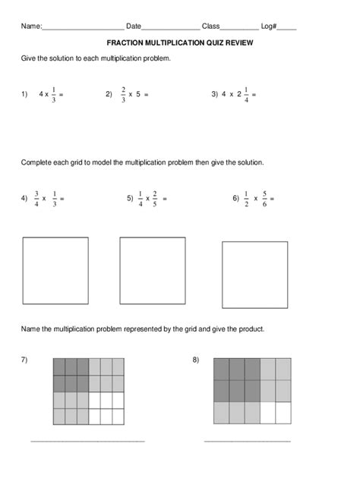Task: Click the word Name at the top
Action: (30, 27)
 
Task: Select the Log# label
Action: (269, 27)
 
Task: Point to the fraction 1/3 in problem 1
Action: (53, 95)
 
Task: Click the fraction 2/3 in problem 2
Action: (122, 95)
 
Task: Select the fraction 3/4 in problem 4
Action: (36, 199)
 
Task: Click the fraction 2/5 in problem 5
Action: (154, 199)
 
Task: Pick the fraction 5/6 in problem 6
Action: (264, 199)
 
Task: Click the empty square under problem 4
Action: (55, 271)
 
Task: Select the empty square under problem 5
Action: (153, 271)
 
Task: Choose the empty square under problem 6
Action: (255, 275)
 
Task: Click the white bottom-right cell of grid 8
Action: (283, 413)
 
